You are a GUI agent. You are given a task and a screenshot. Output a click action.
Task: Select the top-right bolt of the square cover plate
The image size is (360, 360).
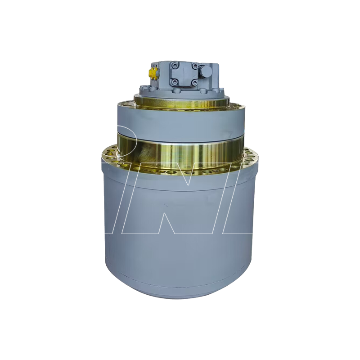[194, 66]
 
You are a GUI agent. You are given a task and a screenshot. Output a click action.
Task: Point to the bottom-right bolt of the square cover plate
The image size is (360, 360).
[194, 82]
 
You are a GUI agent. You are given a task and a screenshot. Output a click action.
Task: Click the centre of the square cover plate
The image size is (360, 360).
[185, 74]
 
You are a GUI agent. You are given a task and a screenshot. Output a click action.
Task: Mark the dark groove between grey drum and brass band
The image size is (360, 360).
[180, 131]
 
